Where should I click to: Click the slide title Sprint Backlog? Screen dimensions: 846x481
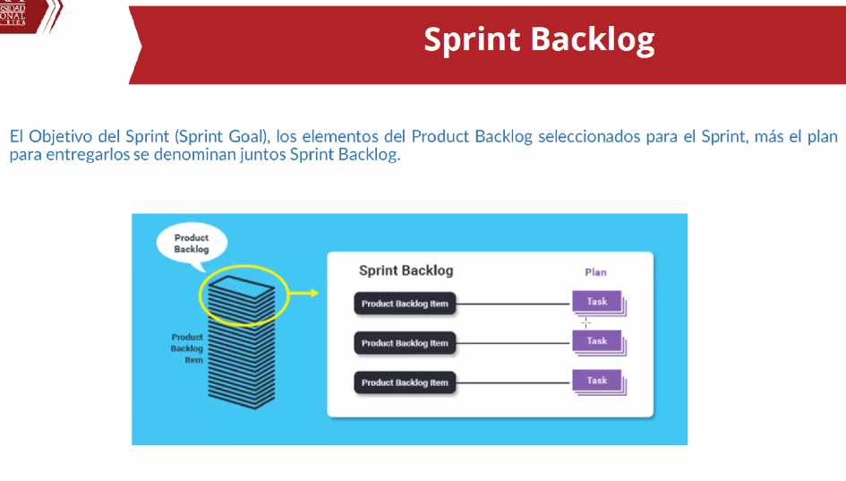coord(539,40)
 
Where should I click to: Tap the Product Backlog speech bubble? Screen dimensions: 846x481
coord(192,244)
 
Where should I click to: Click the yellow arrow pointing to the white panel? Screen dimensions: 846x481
coord(304,293)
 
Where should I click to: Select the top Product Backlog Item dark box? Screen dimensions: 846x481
coord(405,304)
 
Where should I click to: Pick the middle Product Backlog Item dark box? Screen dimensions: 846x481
coord(405,343)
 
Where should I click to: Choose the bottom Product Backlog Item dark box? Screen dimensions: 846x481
coord(405,382)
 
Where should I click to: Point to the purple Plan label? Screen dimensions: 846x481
coord(595,272)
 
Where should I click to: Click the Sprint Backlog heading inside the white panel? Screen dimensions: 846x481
coord(406,271)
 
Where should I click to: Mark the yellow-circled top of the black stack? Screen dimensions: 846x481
coord(244,296)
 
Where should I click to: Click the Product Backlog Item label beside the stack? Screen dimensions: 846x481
coord(187,348)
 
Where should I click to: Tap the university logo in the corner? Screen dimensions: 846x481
coord(30,16)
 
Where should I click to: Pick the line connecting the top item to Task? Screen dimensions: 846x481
coord(513,304)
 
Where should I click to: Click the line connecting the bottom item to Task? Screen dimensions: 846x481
coord(513,382)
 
